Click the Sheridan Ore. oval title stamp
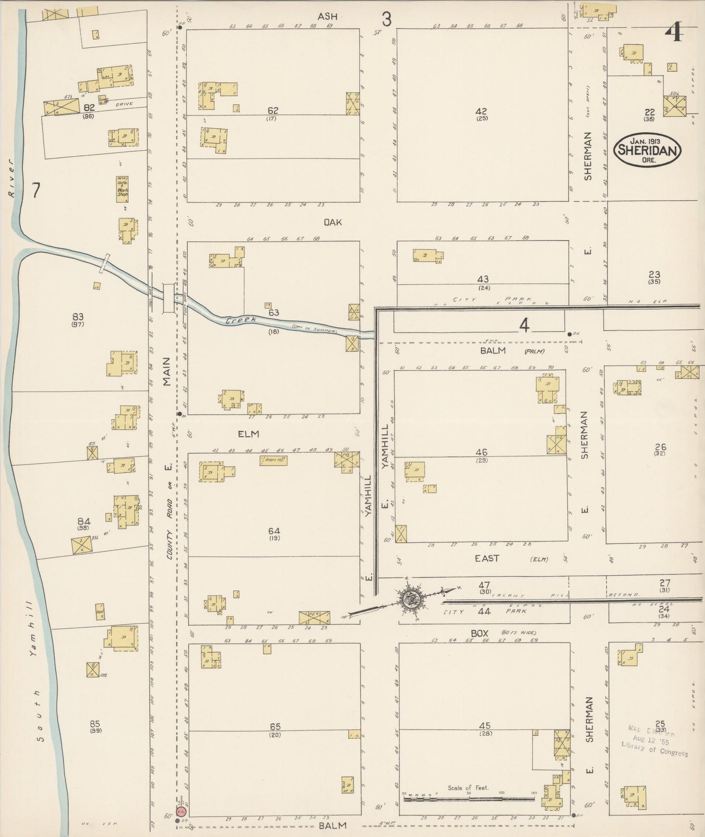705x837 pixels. pyautogui.click(x=647, y=149)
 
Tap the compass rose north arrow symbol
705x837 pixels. pyautogui.click(x=409, y=599)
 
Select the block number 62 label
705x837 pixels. pyautogui.click(x=273, y=110)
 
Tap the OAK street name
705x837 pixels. pyautogui.click(x=333, y=222)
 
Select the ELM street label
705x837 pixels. pyautogui.click(x=248, y=434)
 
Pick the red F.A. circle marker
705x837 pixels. pyautogui.click(x=181, y=811)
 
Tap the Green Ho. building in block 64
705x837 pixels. pyautogui.click(x=273, y=460)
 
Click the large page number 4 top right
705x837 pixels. pyautogui.click(x=676, y=33)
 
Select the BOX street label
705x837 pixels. pyautogui.click(x=480, y=633)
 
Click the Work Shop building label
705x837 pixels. pyautogui.click(x=122, y=188)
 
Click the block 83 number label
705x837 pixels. pyautogui.click(x=78, y=316)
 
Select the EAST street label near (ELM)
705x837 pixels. pyautogui.click(x=487, y=558)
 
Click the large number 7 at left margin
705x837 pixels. pyautogui.click(x=36, y=190)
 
